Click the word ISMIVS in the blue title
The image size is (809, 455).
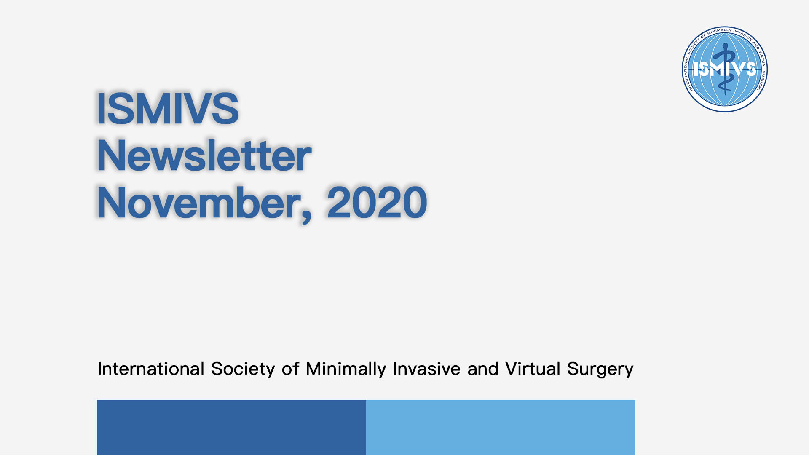coord(168,108)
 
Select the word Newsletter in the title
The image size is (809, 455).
coord(204,155)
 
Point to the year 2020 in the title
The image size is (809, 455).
coord(377,203)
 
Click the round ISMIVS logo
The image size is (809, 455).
coord(725,69)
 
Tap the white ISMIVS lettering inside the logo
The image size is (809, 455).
coord(725,69)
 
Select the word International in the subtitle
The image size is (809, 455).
coord(151,369)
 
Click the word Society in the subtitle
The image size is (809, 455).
coord(243,369)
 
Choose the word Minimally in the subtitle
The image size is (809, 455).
coord(346,369)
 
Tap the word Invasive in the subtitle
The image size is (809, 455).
coord(426,369)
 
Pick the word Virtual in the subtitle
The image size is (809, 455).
coord(533,369)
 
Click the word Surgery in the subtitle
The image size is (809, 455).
coord(600,369)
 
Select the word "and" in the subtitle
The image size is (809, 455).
coord(483,369)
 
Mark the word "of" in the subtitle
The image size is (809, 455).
coord(290,369)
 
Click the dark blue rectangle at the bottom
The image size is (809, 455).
coord(231,427)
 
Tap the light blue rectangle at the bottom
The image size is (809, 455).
coord(501,427)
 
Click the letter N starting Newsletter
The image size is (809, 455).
coord(111,155)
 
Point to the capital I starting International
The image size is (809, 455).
coord(99,369)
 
